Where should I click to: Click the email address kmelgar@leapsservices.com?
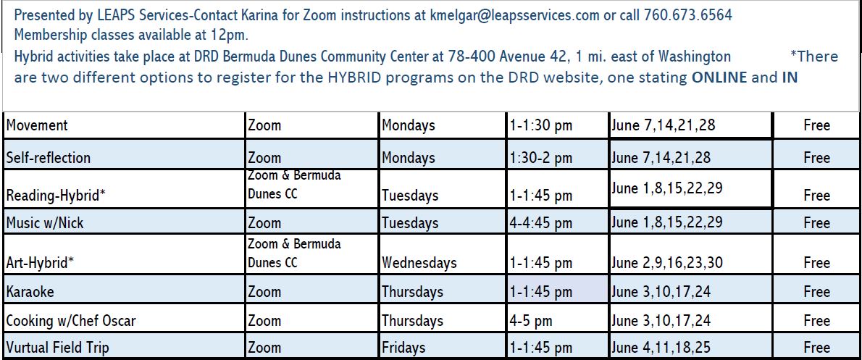pos(514,14)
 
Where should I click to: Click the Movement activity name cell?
pos(37,125)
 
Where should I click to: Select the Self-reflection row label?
pos(49,158)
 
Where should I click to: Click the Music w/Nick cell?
pos(45,223)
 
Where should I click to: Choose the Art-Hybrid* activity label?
pos(40,263)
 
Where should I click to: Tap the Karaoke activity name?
pos(30,292)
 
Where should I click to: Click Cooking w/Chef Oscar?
pos(71,320)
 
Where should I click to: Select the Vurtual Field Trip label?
pos(57,348)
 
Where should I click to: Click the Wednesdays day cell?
pos(419,263)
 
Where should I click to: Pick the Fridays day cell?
pos(403,348)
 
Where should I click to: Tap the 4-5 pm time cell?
pos(531,320)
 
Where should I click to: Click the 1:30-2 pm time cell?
pos(541,158)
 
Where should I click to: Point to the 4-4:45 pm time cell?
pos(541,223)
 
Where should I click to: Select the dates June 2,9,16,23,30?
pos(667,263)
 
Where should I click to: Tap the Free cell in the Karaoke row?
pos(817,292)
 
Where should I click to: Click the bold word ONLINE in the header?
pos(719,78)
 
